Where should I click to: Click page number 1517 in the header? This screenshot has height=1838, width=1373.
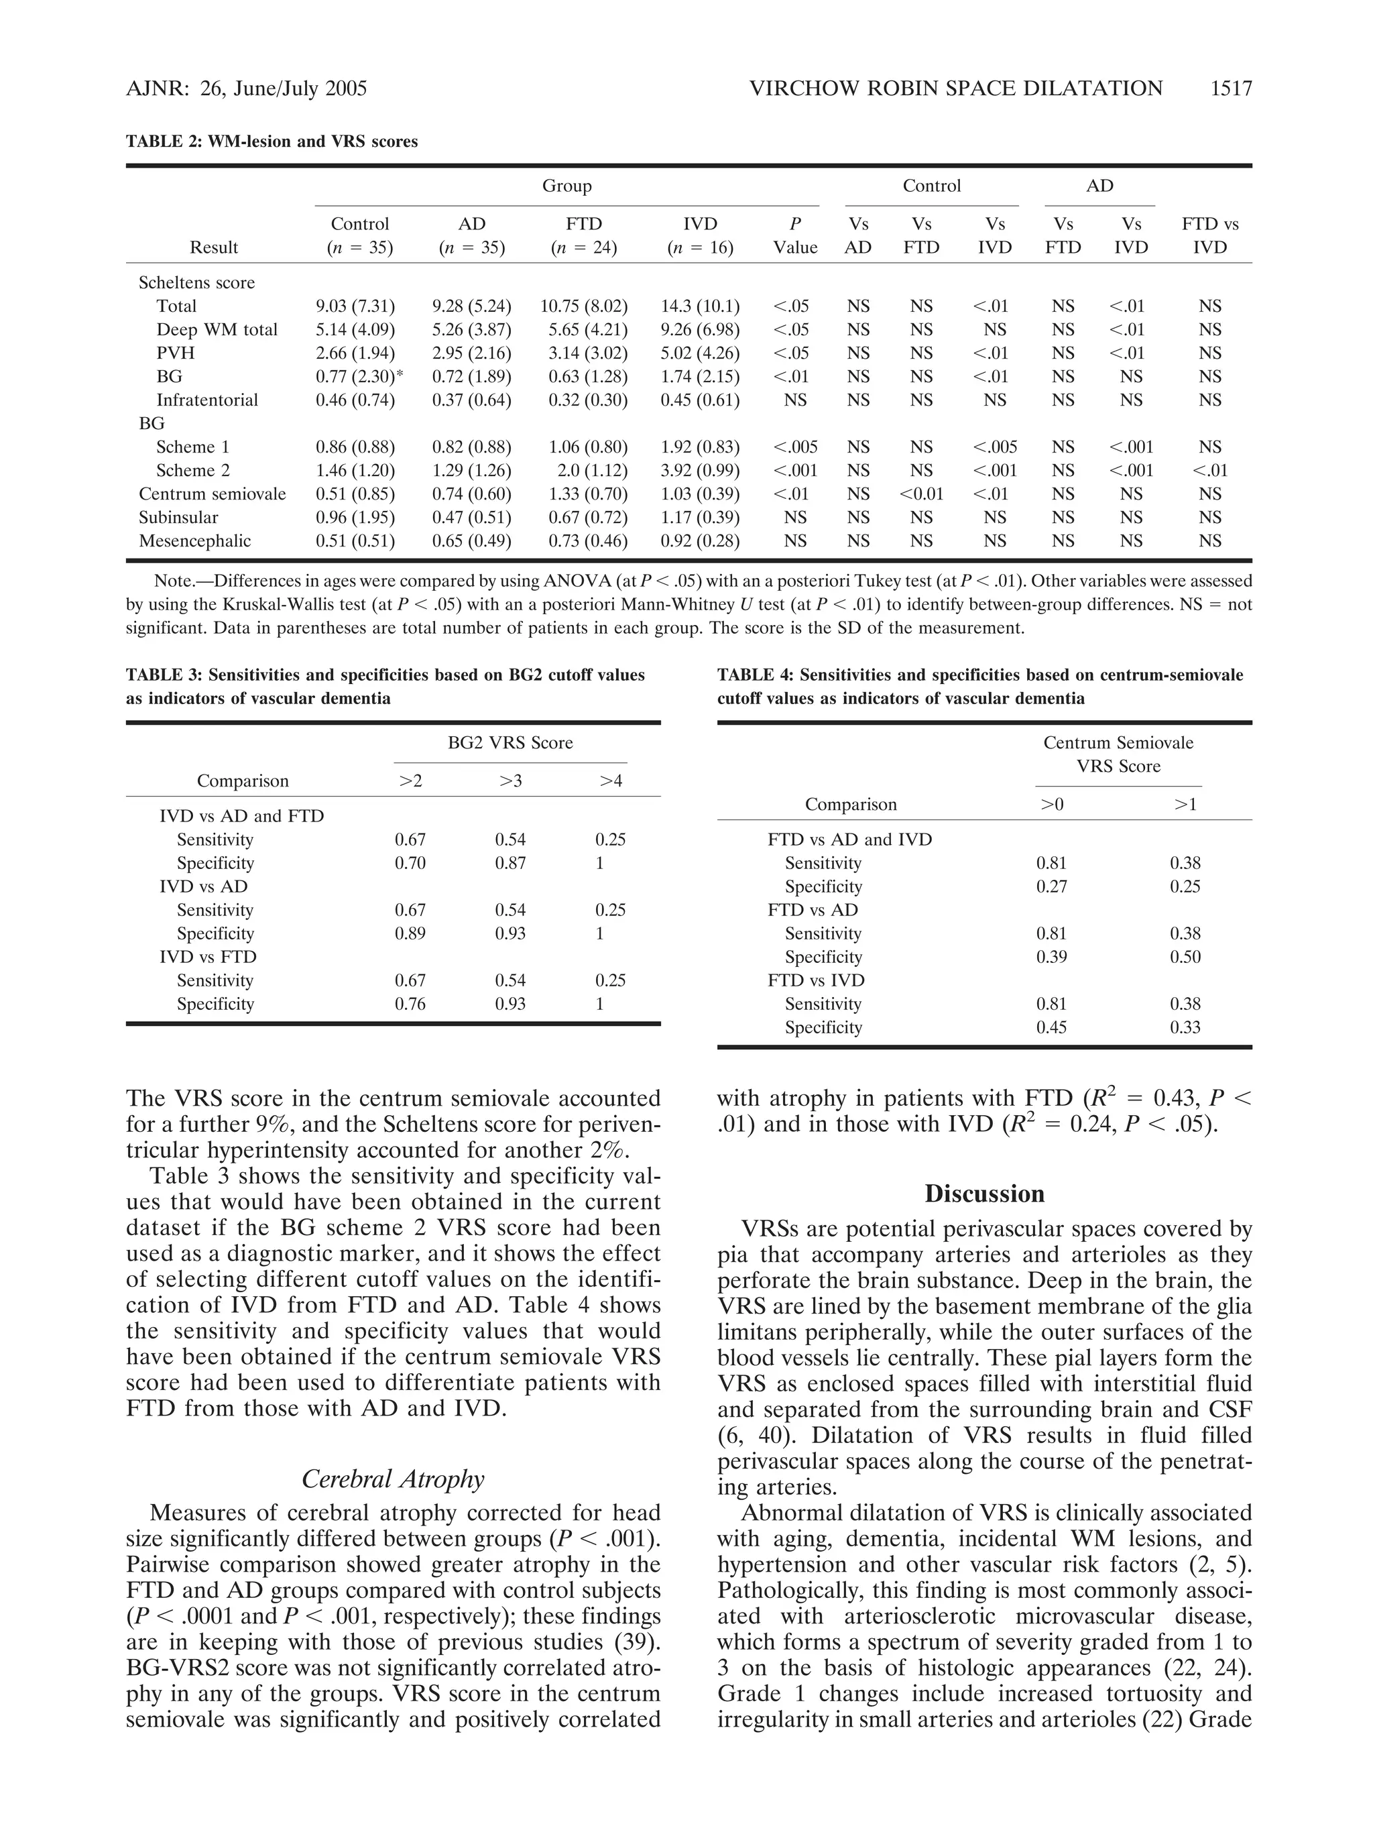(x=1230, y=88)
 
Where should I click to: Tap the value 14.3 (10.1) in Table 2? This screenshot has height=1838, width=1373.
(x=699, y=306)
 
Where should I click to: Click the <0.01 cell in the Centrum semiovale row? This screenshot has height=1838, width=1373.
(x=921, y=494)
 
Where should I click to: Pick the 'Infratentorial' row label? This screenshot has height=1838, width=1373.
(x=207, y=400)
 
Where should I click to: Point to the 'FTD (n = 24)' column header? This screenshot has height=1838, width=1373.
(x=583, y=235)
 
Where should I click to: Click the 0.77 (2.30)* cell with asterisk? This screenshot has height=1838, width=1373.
(x=359, y=376)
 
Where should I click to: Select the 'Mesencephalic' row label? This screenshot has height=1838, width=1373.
(x=194, y=541)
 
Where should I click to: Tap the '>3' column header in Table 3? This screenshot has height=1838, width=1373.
(x=510, y=781)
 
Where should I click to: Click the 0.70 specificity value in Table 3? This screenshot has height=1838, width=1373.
(x=410, y=862)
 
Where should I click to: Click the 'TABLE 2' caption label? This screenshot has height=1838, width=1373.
(x=164, y=141)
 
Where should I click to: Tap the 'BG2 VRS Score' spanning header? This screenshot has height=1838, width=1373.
(x=510, y=742)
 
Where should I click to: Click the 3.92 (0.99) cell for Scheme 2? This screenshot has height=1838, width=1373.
(x=699, y=470)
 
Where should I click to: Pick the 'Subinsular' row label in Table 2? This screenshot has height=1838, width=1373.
(x=178, y=517)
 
